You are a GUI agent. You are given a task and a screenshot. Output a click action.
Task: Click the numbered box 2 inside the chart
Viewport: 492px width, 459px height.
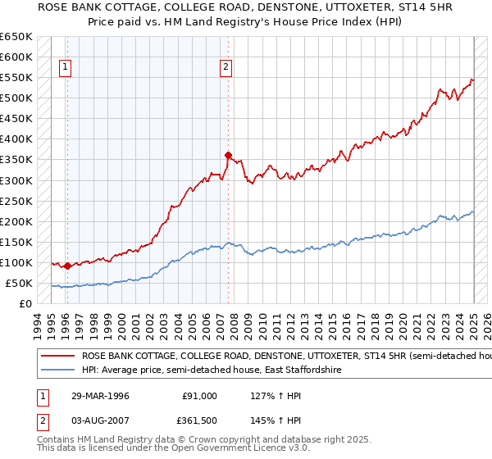click(225, 69)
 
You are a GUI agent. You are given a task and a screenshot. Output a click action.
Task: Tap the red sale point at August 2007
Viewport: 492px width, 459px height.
click(229, 154)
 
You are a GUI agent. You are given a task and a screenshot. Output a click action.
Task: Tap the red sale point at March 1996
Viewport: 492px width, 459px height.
click(67, 266)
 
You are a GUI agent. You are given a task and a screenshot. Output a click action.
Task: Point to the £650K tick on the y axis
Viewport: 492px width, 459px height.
click(16, 37)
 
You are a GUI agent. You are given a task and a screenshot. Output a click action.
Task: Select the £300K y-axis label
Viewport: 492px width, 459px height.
click(16, 180)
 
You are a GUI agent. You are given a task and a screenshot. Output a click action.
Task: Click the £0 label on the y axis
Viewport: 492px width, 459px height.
click(26, 303)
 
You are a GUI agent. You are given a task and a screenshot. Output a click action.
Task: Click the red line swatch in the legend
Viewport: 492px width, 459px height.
click(57, 357)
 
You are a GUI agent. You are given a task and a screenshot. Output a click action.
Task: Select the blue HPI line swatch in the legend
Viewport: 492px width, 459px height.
click(57, 370)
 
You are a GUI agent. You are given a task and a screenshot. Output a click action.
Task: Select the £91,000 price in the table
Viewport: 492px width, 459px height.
click(200, 396)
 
